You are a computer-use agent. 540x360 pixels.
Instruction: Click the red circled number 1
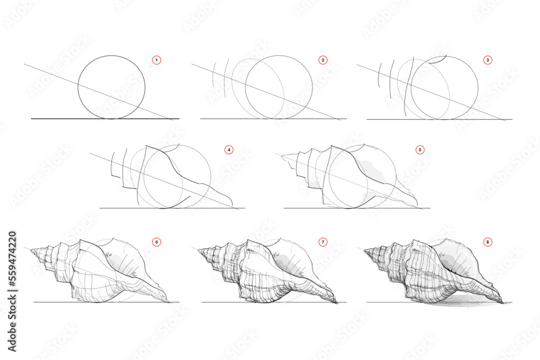click(157, 60)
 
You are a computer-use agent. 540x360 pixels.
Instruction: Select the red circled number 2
click(323, 60)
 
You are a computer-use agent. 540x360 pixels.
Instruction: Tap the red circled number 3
click(488, 60)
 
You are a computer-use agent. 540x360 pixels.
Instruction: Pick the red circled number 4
click(229, 150)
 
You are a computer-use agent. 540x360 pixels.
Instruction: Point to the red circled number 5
click(420, 150)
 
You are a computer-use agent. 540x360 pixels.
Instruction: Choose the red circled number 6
click(157, 242)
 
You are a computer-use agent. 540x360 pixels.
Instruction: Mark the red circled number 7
click(323, 242)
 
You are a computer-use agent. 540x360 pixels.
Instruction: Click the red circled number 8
click(488, 242)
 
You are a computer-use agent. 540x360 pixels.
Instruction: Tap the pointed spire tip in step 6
click(31, 250)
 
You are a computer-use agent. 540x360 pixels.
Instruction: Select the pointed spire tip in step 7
click(199, 250)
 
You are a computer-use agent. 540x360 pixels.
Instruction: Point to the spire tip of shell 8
click(364, 250)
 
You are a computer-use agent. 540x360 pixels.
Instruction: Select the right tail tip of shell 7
click(337, 301)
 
